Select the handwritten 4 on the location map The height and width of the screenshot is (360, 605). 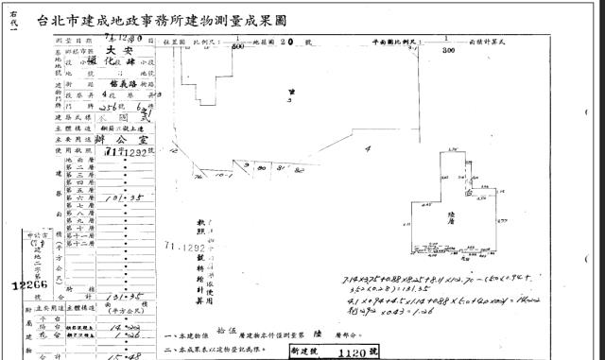pos(367,148)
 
